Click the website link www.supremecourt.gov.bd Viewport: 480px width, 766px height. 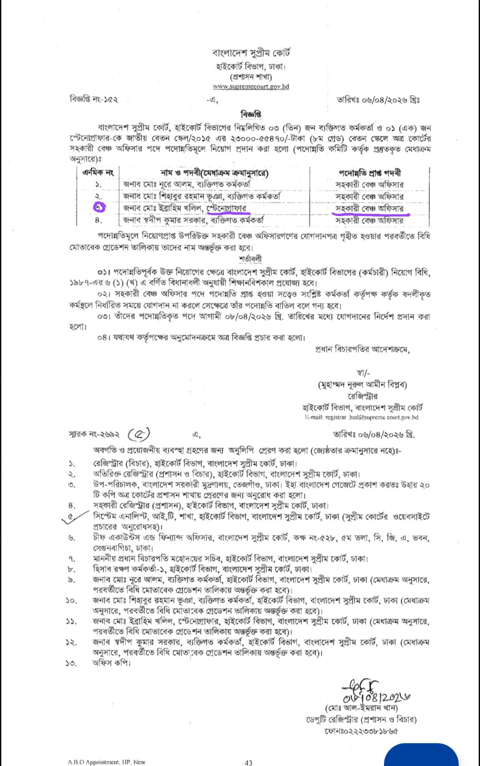coord(251,87)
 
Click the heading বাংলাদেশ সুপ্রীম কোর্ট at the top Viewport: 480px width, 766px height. coord(251,53)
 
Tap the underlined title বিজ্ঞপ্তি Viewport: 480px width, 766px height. coord(251,114)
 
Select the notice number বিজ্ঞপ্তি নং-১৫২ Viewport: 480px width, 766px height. coord(94,100)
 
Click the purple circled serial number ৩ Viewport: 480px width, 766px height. coord(99,207)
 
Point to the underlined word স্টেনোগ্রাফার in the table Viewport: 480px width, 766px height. coord(226,208)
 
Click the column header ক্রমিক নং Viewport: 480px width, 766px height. coord(98,172)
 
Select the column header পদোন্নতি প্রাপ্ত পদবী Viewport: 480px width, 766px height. coord(370,172)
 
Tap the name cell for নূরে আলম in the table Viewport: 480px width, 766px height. coord(187,184)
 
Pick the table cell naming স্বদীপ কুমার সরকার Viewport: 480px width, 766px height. coord(193,220)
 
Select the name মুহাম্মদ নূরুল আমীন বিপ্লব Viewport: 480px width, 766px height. coord(362,385)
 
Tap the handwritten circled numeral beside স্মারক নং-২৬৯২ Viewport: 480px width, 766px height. coord(139,433)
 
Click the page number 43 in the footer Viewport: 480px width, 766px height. coord(248,762)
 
